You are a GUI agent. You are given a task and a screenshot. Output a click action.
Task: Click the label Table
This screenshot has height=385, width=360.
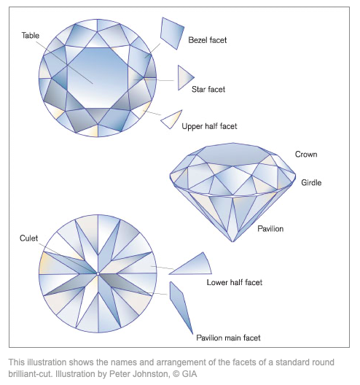point(31,36)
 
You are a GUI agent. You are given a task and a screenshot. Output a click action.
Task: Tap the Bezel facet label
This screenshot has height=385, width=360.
point(208,40)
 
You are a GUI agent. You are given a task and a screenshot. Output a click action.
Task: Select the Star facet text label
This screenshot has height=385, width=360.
point(208,90)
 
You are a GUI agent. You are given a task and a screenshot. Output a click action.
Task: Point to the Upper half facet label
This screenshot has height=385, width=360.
point(209,126)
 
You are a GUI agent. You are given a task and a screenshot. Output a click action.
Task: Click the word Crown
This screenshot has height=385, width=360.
point(306,155)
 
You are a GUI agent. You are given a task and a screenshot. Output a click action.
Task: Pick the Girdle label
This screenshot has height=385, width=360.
point(311,183)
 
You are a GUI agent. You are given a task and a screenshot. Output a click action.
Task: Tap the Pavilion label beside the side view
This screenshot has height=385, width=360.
point(270,229)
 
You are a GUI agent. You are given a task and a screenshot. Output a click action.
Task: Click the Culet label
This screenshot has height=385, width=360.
point(28,238)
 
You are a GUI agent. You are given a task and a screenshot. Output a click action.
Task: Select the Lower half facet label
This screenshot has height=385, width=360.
point(235,282)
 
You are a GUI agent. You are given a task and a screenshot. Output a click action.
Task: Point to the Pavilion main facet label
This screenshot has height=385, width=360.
point(228,338)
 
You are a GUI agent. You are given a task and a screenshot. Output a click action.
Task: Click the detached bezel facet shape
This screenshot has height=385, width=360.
point(173,33)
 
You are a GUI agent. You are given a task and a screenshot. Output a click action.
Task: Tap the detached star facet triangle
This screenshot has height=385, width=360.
point(184,77)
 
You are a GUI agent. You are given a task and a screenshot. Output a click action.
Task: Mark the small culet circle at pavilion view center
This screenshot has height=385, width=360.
point(98,273)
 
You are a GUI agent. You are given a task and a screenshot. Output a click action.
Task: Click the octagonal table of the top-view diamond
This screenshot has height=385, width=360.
point(98,77)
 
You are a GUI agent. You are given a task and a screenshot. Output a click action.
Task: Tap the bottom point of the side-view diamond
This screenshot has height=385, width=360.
point(232,242)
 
